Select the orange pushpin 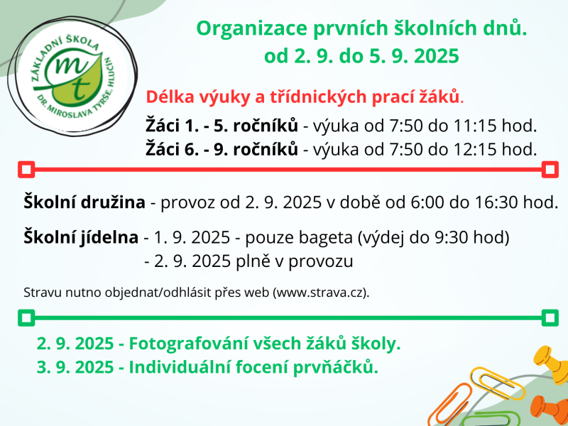pos(550,405)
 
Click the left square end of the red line pos(26,169)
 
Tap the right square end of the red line pos(549,169)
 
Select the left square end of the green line pos(26,317)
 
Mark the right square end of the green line pos(549,317)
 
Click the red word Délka pos(167,97)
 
